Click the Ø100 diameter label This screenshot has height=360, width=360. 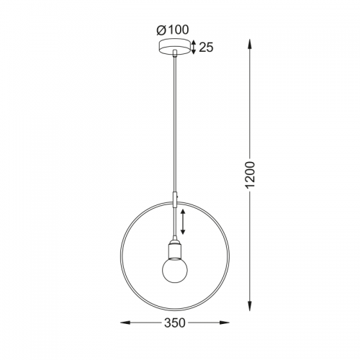(x=173, y=30)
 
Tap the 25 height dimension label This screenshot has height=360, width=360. (x=206, y=48)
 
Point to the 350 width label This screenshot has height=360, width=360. (x=175, y=323)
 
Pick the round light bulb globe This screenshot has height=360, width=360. (x=175, y=271)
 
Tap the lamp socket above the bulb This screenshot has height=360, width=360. (x=175, y=250)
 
